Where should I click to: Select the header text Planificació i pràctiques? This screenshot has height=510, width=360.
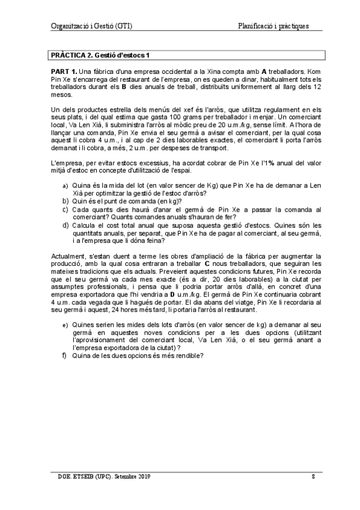273,26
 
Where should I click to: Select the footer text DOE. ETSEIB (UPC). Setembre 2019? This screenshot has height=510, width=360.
100,476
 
